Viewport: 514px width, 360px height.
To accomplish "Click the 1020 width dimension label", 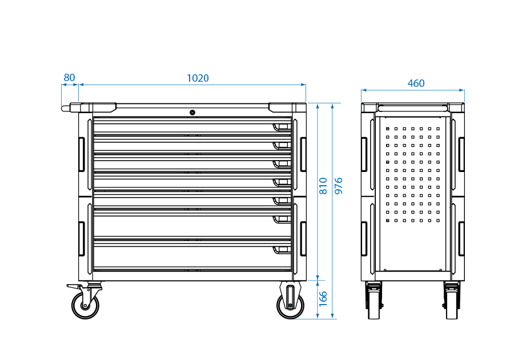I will click(x=198, y=78).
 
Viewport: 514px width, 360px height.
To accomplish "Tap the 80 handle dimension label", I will click(x=69, y=78).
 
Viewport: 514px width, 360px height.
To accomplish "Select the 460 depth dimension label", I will click(x=416, y=83).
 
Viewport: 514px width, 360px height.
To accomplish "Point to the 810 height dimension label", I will click(x=323, y=186).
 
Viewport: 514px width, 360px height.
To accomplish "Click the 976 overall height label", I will click(x=339, y=186).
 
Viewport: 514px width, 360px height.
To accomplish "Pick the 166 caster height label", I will click(x=323, y=299).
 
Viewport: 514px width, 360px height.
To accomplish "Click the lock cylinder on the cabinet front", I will click(x=192, y=113).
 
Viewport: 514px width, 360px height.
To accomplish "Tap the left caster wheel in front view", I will click(x=85, y=306).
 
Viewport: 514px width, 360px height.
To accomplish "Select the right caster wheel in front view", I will click(x=290, y=306).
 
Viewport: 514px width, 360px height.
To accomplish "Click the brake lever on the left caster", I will click(x=73, y=286).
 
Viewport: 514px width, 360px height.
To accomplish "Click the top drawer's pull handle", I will click(x=281, y=126).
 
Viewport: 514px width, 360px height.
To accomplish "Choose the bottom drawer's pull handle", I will click(x=281, y=249).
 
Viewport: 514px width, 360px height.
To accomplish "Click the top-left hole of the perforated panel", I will click(x=388, y=129).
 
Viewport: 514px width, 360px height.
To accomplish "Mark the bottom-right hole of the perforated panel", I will click(x=438, y=220).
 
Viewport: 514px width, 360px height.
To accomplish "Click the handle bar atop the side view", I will click(x=412, y=106).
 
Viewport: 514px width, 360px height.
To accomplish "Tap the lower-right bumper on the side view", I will click(x=461, y=239).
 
